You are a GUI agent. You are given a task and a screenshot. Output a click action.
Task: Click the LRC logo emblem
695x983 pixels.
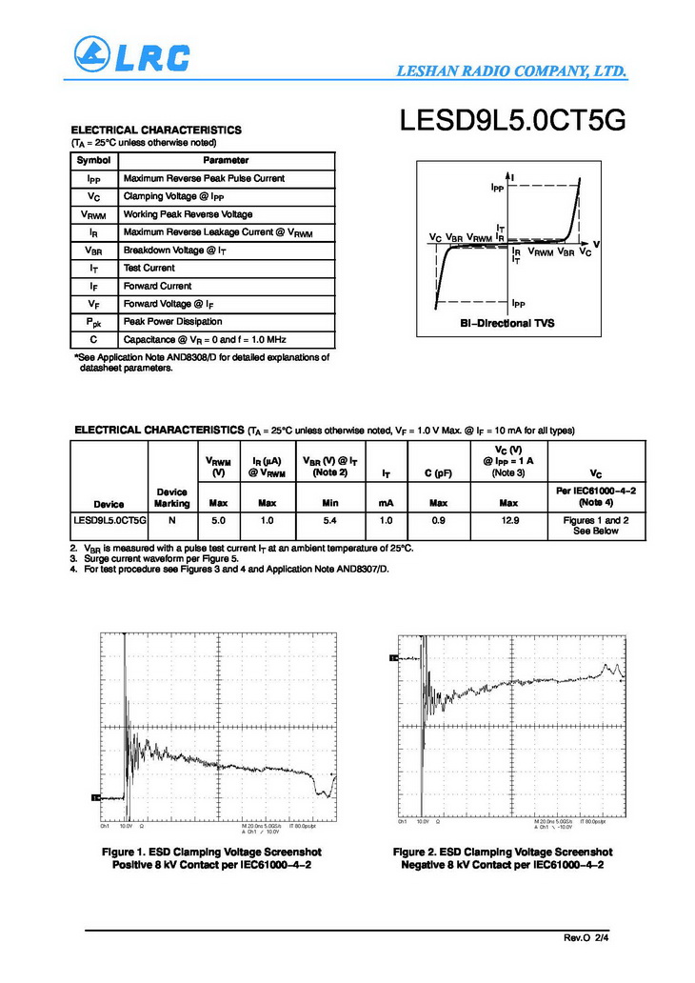[x=93, y=55]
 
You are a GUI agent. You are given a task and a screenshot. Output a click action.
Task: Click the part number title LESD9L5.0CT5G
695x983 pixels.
[x=513, y=122]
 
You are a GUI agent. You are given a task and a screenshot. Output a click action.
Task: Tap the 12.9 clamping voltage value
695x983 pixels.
[x=508, y=521]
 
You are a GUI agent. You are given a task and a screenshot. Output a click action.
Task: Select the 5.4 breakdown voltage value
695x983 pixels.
[x=328, y=521]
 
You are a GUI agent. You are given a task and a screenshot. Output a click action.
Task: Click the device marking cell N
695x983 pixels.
[x=172, y=521]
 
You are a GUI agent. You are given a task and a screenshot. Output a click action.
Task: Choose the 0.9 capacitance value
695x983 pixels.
[x=439, y=521]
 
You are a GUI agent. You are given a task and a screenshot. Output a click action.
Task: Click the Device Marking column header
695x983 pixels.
[x=172, y=497]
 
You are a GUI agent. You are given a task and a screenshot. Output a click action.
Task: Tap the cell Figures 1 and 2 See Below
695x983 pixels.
[x=596, y=526]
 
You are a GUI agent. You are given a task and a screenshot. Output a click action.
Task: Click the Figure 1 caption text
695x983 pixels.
[x=211, y=857]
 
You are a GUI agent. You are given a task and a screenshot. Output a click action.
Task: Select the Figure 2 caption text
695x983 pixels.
[x=503, y=857]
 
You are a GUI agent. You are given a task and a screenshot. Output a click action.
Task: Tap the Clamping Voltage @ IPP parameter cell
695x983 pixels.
[x=171, y=196]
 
